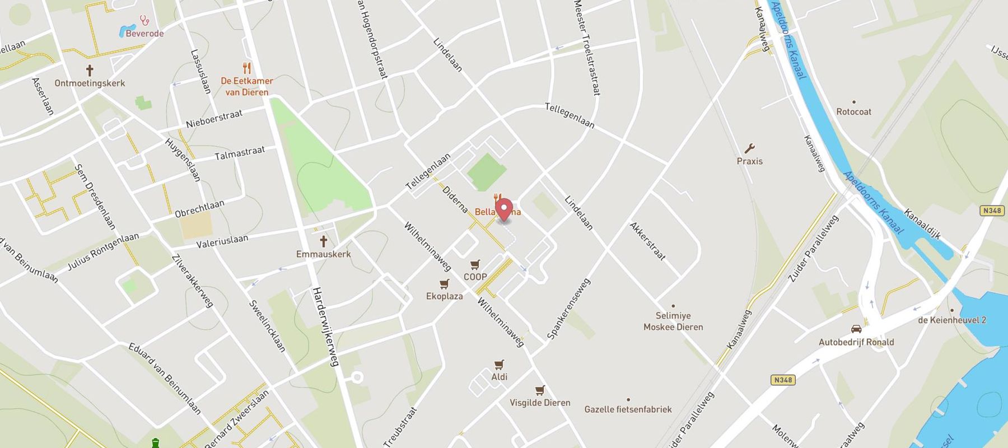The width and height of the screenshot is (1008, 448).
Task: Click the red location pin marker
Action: pos(505,209)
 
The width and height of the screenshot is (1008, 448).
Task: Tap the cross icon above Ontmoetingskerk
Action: pos(89,71)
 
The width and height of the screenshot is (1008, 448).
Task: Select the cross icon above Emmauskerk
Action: pos(323,241)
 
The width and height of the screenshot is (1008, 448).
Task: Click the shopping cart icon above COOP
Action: pos(475,264)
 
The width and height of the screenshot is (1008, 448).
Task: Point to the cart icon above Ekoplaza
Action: pos(444,284)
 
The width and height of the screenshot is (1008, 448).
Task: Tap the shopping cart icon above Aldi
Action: pos(499,365)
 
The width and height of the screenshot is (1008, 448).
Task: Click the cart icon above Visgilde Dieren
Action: pos(540,390)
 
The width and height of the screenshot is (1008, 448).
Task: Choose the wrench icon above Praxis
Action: pos(749,148)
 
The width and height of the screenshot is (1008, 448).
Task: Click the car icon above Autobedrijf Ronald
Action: pos(856,329)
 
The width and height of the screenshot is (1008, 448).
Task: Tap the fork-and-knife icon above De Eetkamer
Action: pos(246,68)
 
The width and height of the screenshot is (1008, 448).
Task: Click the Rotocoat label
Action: pos(853,111)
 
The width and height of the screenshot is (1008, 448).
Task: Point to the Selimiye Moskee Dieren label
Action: pos(673,321)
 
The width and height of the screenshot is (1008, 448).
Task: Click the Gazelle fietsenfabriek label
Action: pos(628,409)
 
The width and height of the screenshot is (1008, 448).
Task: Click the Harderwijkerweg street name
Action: pos(325,327)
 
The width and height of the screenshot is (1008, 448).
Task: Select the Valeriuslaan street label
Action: pos(222,241)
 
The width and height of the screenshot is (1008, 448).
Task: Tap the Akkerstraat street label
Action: pos(648,241)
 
